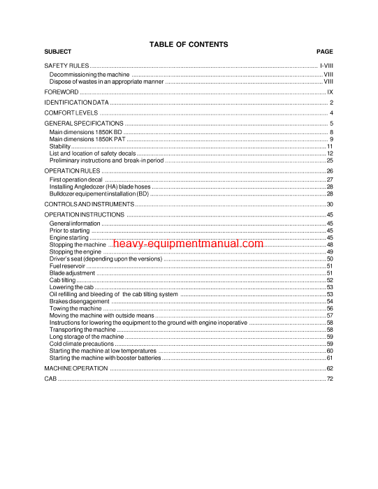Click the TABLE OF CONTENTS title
(x=189, y=44)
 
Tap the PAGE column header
(x=324, y=52)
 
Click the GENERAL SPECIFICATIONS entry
(x=80, y=124)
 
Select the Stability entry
(x=60, y=147)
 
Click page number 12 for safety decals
(x=330, y=154)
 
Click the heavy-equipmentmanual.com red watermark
(x=187, y=245)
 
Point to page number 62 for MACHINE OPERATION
(x=330, y=368)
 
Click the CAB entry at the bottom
(x=50, y=379)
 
